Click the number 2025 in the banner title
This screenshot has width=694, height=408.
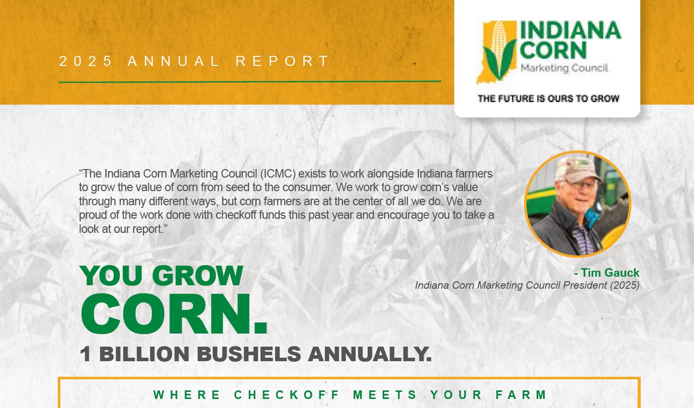click(85, 61)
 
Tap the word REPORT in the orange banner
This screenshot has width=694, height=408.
click(282, 61)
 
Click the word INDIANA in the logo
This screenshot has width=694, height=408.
click(570, 30)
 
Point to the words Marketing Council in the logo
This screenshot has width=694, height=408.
click(564, 68)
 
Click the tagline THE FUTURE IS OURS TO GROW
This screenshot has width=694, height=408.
click(548, 99)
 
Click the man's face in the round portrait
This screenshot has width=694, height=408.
click(579, 195)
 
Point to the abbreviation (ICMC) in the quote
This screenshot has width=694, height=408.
click(278, 174)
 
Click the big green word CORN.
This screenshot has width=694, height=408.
click(174, 314)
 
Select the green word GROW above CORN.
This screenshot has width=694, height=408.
click(198, 275)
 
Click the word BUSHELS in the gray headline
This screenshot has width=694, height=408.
click(249, 354)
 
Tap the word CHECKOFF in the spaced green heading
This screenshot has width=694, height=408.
click(287, 395)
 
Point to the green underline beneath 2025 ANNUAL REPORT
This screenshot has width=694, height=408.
click(250, 82)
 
